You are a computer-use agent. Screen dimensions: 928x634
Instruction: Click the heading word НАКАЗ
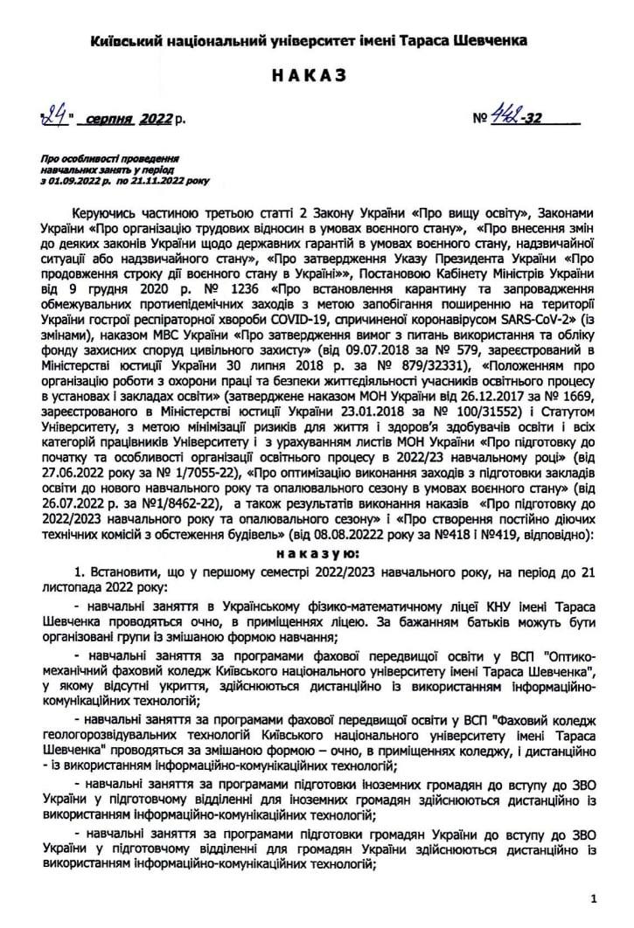[x=316, y=76]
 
